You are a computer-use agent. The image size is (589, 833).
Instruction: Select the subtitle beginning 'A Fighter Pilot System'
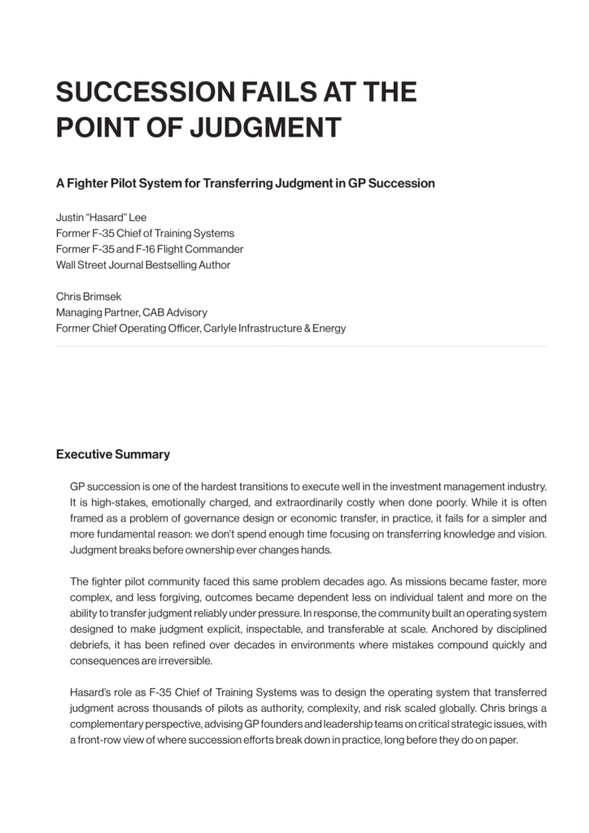[x=245, y=183]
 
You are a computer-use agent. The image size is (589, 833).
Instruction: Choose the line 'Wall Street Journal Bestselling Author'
[x=143, y=264]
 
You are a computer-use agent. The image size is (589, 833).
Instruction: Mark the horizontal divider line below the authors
[x=301, y=347]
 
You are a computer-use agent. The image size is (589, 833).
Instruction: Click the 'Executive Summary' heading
[x=112, y=454]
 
